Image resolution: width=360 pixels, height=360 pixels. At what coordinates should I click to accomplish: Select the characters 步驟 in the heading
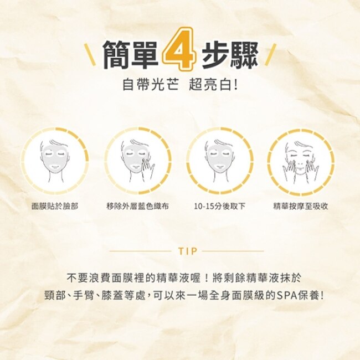[x=230, y=54]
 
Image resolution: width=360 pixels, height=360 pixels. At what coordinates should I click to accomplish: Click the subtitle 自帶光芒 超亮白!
[x=180, y=85]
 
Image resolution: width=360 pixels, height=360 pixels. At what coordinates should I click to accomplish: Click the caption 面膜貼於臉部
[x=55, y=206]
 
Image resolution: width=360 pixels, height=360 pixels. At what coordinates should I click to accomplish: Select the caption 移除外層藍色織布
[x=138, y=206]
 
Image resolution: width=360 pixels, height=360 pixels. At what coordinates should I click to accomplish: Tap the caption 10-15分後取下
[x=220, y=206]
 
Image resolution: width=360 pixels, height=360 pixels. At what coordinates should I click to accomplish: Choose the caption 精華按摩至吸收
[x=301, y=206]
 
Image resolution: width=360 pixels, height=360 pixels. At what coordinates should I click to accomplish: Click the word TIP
[x=188, y=251]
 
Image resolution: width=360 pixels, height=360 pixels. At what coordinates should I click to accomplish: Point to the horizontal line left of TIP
[x=140, y=251]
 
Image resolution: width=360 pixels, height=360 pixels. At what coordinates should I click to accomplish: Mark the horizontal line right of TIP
[x=233, y=251]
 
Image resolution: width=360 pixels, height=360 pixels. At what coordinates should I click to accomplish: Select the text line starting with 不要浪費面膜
[x=184, y=278]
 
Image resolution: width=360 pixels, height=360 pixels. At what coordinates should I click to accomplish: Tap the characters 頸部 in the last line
[x=55, y=296]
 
